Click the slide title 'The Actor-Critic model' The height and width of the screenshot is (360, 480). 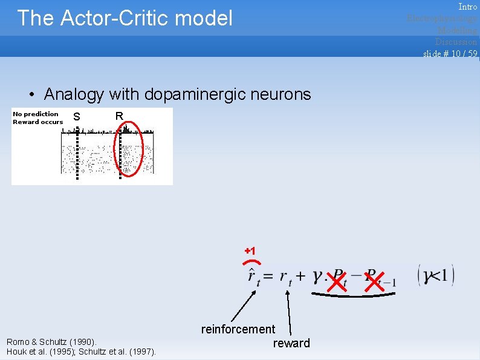click(125, 18)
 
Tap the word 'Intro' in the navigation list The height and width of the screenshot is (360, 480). click(467, 7)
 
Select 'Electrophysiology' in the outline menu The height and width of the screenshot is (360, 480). click(442, 18)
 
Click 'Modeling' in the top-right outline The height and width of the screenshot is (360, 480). click(457, 30)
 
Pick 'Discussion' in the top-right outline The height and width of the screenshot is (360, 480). click(456, 41)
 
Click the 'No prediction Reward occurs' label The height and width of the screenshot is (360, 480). click(37, 118)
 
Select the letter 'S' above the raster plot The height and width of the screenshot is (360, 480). click(76, 117)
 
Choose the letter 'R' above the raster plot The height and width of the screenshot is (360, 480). click(119, 116)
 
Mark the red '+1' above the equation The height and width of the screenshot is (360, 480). click(250, 250)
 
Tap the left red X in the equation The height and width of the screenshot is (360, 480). click(337, 280)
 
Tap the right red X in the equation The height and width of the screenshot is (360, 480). click(374, 280)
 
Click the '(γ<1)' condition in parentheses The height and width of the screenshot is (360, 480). click(436, 276)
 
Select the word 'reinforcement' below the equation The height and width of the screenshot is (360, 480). click(238, 329)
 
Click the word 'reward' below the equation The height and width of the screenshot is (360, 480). click(291, 343)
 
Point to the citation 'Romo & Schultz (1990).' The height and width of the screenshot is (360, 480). click(50, 342)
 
